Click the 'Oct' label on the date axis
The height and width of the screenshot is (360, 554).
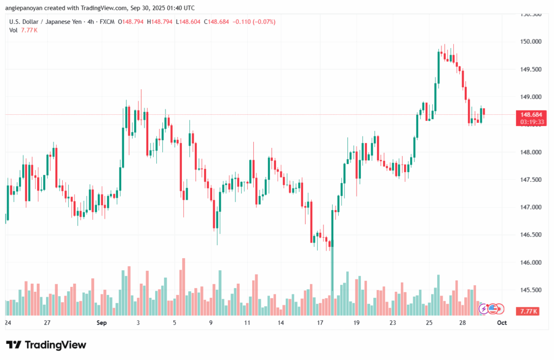coord(502,323)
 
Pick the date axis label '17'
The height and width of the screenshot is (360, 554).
coord(320,323)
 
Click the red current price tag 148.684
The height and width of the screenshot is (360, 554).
coord(532,115)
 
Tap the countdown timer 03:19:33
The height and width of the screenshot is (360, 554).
coord(532,122)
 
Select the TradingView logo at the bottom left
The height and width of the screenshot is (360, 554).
coord(46,345)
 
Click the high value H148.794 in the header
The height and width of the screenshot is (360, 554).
coord(162,22)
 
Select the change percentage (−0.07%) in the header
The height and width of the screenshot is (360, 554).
coord(263,22)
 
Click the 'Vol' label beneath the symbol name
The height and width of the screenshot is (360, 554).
coord(14,30)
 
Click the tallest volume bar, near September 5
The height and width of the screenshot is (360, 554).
coord(183,287)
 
